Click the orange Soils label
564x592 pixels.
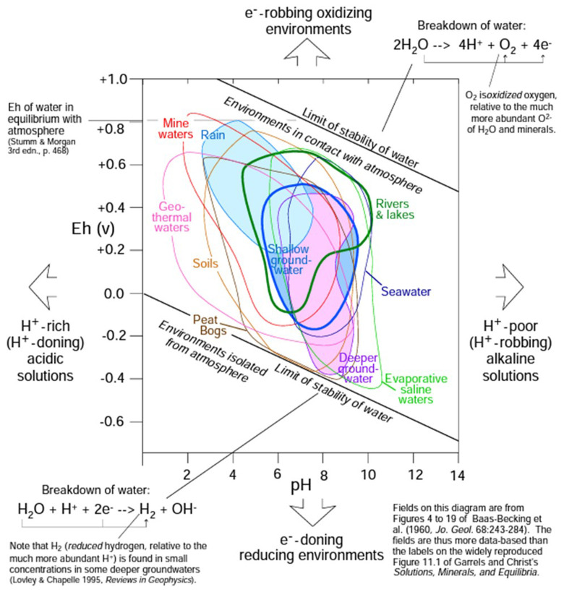coord(207,262)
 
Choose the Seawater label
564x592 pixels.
coord(406,291)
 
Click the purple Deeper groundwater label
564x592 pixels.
coord(359,367)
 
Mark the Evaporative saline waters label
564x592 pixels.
coord(416,389)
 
